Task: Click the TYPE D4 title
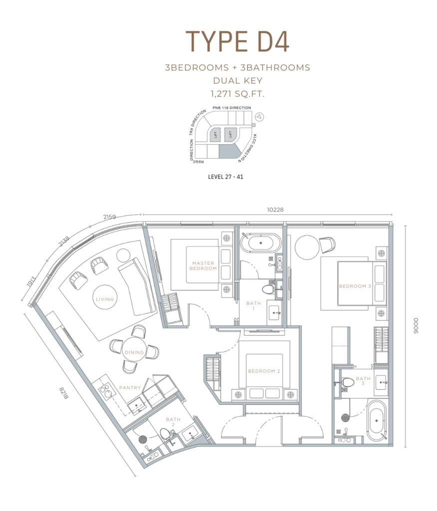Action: (x=237, y=41)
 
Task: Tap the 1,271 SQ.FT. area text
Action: (x=237, y=94)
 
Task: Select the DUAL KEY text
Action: (x=238, y=80)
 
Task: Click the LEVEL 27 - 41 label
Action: (x=226, y=177)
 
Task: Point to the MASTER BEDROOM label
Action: (x=203, y=265)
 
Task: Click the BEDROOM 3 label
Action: (x=355, y=286)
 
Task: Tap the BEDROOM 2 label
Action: (x=264, y=371)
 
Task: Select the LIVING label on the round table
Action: (x=105, y=299)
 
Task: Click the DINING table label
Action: (x=134, y=352)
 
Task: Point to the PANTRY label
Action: (x=130, y=387)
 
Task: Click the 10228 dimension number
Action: (x=275, y=210)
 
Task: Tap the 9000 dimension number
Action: (x=415, y=326)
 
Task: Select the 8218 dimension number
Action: (x=64, y=393)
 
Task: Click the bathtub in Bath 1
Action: (x=261, y=243)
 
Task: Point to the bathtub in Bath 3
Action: (x=377, y=421)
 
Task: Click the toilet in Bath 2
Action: (x=165, y=434)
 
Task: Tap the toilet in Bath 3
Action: (x=348, y=382)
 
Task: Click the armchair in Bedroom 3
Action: (x=327, y=245)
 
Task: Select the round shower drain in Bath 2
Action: (x=142, y=439)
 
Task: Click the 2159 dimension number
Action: (x=109, y=217)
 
